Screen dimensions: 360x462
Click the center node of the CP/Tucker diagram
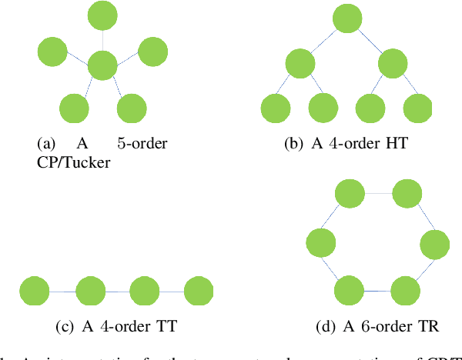pos(102,65)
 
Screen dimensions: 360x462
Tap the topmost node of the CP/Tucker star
pos(102,16)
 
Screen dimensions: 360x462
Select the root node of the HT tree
pos(346,18)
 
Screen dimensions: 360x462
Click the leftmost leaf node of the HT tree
pos(276,108)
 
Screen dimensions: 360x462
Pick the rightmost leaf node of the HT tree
pos(417,108)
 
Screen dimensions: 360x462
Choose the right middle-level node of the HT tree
pos(394,63)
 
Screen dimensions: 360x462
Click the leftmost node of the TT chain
pos(35,293)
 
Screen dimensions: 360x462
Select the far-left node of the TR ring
pos(320,244)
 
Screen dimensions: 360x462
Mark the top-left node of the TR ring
pos(348,195)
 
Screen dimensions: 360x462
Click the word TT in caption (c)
pos(167,327)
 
